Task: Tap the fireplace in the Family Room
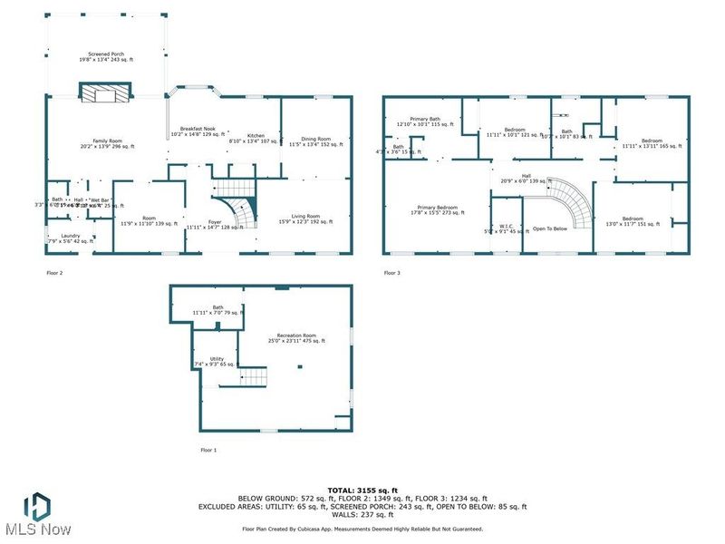[106, 90]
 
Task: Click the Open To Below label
[549, 228]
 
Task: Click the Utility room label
[217, 361]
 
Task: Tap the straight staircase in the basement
[255, 376]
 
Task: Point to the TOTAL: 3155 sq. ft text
[362, 490]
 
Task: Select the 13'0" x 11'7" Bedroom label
[633, 220]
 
